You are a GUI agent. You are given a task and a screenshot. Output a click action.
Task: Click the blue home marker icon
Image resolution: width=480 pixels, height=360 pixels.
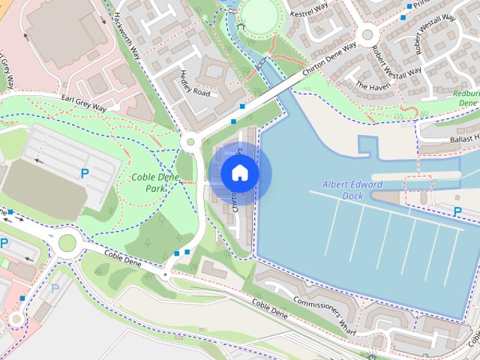click(239, 173)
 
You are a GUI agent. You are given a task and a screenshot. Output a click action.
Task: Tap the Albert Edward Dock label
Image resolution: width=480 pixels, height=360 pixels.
click(352, 189)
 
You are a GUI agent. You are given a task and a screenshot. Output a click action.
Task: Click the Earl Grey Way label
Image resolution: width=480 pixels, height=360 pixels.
click(83, 102)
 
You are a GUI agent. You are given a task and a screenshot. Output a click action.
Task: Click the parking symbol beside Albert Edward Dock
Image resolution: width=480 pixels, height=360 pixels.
click(457, 212)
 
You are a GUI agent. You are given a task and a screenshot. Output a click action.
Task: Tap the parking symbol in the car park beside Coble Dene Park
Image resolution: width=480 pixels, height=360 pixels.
click(84, 174)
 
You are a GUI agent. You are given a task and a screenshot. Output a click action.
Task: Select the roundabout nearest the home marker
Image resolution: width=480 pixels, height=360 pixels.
click(190, 139)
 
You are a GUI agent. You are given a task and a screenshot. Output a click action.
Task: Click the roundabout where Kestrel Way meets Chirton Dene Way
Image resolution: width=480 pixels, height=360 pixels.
click(367, 33)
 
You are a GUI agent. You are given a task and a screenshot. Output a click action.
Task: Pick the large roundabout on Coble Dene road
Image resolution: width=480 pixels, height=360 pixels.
click(68, 242)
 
